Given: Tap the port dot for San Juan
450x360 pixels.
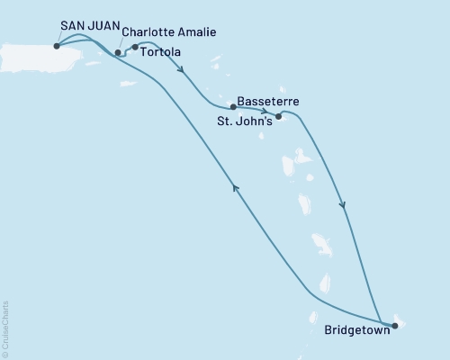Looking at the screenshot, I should (57, 46).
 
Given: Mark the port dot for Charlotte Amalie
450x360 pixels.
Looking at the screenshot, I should (118, 52).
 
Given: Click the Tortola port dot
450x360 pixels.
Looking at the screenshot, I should (135, 47).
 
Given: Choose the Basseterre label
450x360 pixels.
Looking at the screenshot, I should (266, 102).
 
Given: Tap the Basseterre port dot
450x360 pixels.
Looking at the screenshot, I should (233, 106).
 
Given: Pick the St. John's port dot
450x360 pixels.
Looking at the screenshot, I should (278, 116).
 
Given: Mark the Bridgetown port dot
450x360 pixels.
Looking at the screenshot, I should (394, 327).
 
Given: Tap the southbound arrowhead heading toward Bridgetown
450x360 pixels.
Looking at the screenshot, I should (343, 206).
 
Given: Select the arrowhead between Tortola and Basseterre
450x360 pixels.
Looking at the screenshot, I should (183, 76).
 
